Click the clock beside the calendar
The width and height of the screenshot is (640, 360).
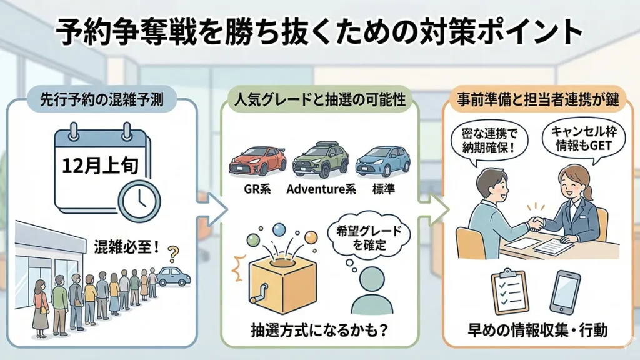click(139, 200)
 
